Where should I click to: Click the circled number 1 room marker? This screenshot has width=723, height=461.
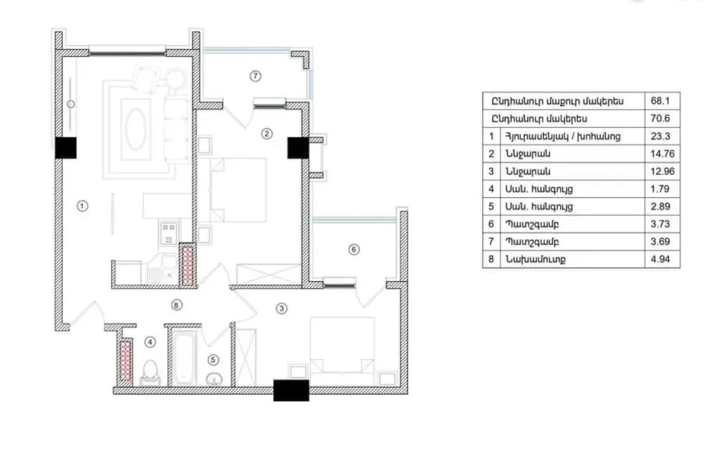(x=82, y=206)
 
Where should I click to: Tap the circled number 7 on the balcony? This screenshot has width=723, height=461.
(x=256, y=76)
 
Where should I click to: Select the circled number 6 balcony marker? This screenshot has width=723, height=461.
(x=353, y=249)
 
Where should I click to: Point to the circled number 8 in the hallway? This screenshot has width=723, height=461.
(x=177, y=305)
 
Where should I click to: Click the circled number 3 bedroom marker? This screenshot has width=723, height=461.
(x=282, y=309)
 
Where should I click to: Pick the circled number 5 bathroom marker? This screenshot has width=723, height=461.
(x=213, y=360)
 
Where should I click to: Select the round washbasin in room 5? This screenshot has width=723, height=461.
(x=214, y=380)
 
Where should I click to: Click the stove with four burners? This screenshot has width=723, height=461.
(x=168, y=234)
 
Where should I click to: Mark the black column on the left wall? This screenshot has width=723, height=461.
(x=65, y=148)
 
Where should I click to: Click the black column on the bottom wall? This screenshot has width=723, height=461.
(x=291, y=391)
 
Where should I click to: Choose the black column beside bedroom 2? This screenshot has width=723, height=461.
(x=298, y=147)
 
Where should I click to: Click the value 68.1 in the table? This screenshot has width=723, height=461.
(x=660, y=101)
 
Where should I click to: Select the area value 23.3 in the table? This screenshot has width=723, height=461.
(x=660, y=136)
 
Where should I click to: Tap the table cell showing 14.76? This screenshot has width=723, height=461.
(x=663, y=154)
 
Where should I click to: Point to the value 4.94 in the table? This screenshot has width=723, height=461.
(x=660, y=259)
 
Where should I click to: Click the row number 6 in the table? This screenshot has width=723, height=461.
(x=491, y=224)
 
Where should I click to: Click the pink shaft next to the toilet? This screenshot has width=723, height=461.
(x=126, y=360)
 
